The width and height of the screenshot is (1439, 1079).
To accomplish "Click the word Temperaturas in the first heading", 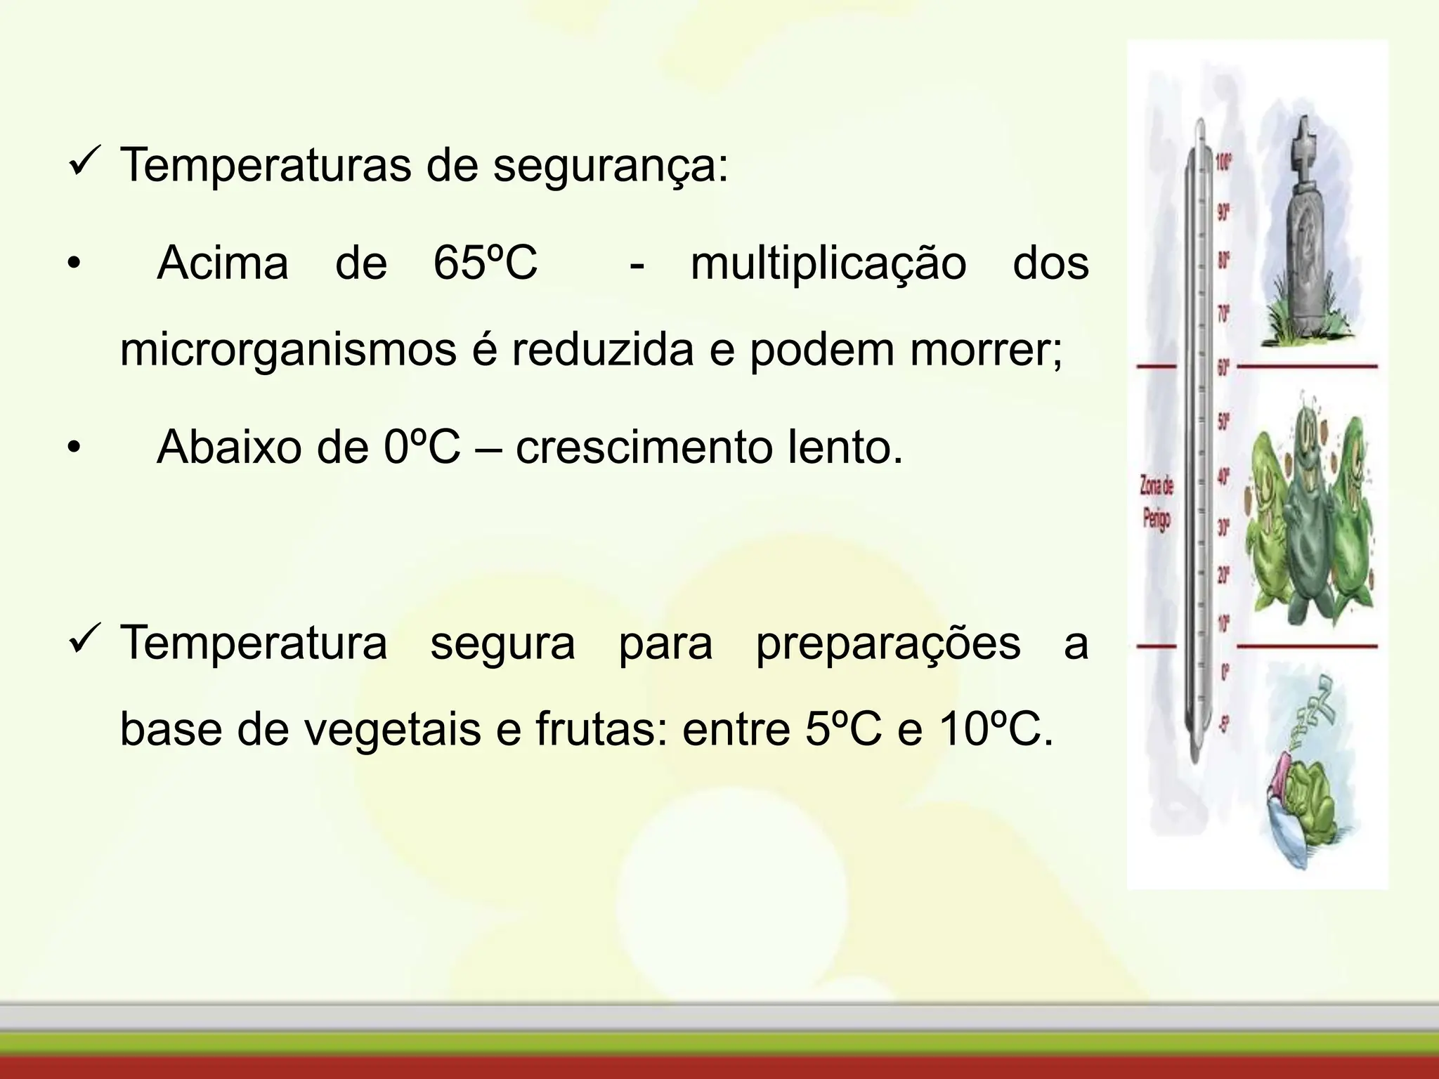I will click(x=266, y=166).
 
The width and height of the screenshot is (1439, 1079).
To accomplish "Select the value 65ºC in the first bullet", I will click(x=485, y=263).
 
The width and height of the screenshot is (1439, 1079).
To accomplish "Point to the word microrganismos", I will click(x=288, y=350).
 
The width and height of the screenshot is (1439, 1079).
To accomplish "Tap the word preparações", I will click(x=887, y=643).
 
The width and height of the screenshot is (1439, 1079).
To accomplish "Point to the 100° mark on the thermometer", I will click(x=1223, y=164).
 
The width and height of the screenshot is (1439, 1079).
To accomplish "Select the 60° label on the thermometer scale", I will click(x=1223, y=367).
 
